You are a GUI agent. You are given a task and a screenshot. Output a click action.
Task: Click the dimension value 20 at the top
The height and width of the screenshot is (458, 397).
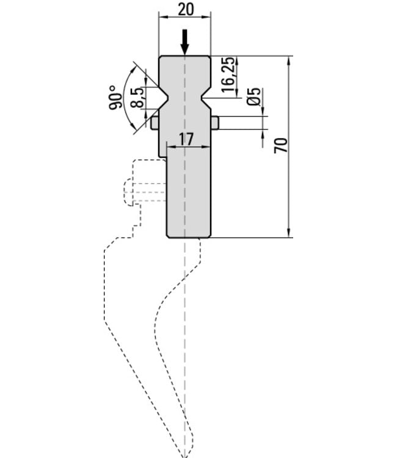click(186, 9)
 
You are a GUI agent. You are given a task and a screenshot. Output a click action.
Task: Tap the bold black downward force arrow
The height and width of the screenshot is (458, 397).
click(184, 42)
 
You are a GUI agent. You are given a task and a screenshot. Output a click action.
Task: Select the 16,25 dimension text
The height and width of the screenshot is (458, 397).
click(228, 75)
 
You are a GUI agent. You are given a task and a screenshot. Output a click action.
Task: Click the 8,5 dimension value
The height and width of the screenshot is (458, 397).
click(137, 97)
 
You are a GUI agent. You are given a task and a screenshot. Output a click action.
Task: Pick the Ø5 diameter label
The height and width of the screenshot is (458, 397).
click(253, 96)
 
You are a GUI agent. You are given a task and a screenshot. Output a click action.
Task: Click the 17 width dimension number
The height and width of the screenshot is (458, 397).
click(186, 139)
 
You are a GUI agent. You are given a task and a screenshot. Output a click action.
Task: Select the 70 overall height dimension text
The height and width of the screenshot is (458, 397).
click(281, 145)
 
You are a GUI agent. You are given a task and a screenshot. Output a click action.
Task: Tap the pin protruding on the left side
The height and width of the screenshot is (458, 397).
click(155, 123)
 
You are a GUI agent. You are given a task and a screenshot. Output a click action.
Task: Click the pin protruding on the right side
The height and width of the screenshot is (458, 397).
click(215, 123)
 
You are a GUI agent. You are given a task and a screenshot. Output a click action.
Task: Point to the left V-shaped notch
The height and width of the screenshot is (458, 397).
click(163, 98)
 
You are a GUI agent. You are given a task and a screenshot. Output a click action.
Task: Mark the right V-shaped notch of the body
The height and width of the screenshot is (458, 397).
click(206, 98)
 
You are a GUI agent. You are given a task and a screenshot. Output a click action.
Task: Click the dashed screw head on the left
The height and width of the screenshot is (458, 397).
click(128, 192)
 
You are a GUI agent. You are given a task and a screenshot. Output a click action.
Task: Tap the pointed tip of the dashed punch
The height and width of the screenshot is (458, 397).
click(184, 456)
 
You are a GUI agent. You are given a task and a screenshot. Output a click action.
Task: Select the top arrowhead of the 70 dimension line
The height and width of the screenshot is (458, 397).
click(289, 60)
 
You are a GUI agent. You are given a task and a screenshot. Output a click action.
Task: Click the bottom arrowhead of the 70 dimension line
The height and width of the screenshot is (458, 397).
click(289, 233)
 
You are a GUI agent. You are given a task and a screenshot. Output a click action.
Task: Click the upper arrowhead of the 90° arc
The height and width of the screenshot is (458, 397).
click(134, 70)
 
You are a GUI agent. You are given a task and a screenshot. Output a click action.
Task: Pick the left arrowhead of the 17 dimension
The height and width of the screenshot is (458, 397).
click(171, 147)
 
